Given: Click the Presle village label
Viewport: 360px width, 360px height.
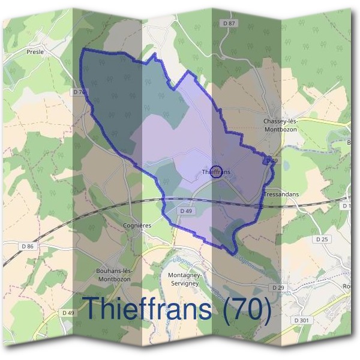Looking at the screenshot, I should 35,52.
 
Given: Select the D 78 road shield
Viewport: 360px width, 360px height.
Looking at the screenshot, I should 79,92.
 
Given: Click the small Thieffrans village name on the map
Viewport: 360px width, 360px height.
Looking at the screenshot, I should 217,173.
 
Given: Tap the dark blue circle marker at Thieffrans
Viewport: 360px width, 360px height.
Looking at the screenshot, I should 217,170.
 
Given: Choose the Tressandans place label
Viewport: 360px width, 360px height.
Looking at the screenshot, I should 281,195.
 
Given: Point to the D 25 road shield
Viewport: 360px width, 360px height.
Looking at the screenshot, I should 322,239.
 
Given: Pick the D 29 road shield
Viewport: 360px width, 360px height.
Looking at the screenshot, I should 277,288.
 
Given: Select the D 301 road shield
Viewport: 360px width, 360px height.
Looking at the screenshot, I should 301,320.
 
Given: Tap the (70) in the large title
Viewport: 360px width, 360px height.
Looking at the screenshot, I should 246,308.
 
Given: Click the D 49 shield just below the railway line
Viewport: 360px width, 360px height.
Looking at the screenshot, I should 185,211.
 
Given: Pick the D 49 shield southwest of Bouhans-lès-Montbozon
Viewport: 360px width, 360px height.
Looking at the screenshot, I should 68,313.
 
